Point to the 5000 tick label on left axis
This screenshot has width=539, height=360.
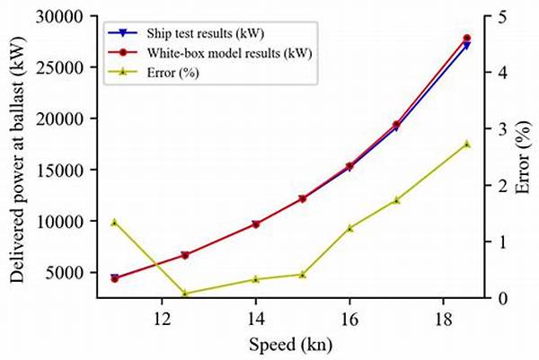coord(74,272)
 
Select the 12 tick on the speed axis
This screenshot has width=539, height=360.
coord(162,318)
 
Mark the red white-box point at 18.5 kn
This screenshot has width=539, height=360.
coord(466,39)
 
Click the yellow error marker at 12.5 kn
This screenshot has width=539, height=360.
coord(185,293)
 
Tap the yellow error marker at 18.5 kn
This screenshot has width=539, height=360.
coord(466,144)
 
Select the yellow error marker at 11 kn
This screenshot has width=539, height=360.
coord(114,222)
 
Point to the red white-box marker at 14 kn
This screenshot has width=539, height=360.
coord(255,224)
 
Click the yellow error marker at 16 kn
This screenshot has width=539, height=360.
coord(349,228)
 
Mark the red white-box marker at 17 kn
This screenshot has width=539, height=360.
coord(396,125)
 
